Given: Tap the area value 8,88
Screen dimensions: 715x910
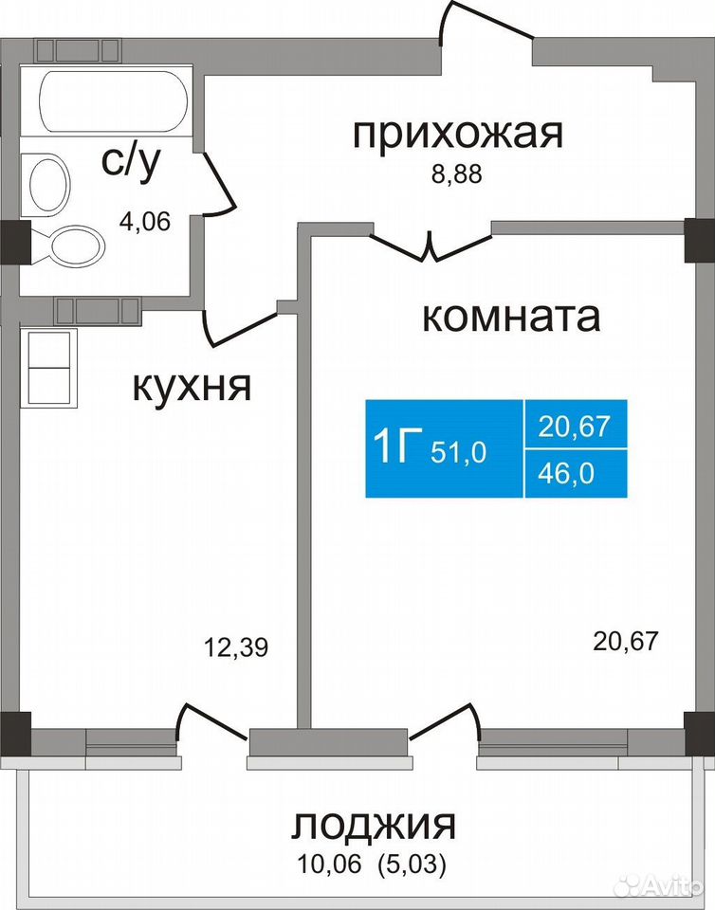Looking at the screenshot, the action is pos(456,174).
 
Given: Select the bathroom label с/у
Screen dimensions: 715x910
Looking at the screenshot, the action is pos(130,162).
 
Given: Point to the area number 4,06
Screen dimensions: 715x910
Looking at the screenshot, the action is pos(145,221).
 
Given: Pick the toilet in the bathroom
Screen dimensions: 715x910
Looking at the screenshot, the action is pos(67,246).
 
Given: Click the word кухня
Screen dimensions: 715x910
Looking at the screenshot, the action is pos(192,387).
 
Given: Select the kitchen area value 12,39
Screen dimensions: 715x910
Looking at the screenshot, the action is pos(236,646).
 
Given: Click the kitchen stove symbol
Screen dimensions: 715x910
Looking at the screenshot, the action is pos(48,368).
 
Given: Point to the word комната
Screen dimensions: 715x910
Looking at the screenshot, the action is pos(511,317).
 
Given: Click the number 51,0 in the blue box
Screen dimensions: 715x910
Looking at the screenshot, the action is pos(458,452).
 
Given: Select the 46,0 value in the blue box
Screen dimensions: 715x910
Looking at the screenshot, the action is pos(566,474).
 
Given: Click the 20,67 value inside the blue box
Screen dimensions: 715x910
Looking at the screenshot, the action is pos(575,427).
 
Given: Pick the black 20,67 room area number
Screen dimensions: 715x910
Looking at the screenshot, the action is pos(626,642).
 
